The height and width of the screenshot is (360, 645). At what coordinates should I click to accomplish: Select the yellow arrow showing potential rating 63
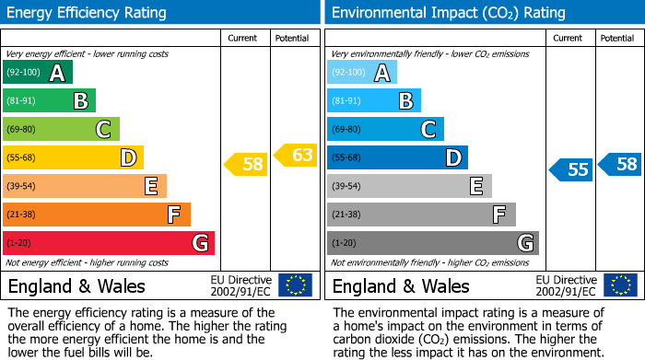[x=297, y=155]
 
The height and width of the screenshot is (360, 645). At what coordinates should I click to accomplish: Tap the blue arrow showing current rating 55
[x=571, y=169]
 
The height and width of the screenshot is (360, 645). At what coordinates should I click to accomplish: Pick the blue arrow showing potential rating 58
[x=621, y=164]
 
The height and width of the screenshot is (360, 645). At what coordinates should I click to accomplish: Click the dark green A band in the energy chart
[x=38, y=73]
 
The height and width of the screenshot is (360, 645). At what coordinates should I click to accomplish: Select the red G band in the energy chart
[x=109, y=243]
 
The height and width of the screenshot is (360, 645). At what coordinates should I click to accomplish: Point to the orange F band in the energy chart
[x=97, y=215]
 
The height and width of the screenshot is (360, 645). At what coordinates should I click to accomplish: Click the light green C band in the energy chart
[x=61, y=129]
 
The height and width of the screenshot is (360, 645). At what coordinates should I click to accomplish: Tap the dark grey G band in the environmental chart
[x=432, y=243]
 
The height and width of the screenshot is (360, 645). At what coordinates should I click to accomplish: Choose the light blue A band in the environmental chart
[x=362, y=73]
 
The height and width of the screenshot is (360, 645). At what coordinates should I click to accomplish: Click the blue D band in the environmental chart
[x=397, y=157]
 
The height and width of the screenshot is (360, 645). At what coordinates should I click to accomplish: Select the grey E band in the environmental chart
[x=409, y=186]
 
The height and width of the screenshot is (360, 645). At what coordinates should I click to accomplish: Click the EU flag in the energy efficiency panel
[x=295, y=285]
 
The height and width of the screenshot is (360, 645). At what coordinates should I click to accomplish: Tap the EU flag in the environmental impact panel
[x=620, y=285]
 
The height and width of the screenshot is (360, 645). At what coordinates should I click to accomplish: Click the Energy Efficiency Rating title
[x=88, y=13]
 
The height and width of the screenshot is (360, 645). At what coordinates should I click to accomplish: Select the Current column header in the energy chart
[x=244, y=38]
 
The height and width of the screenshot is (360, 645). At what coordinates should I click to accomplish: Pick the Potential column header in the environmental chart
[x=617, y=38]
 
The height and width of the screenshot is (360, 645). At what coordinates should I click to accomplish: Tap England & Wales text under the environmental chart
[x=401, y=285]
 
